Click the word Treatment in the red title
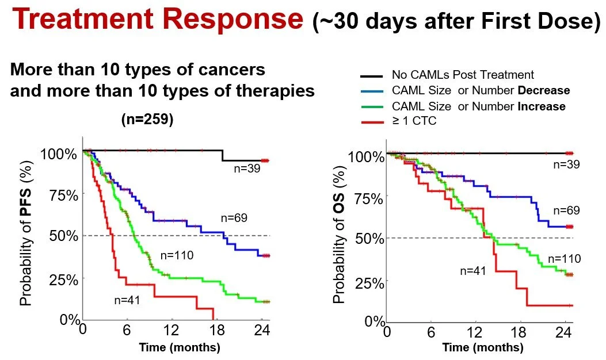(82, 19)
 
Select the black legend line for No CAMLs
(372, 76)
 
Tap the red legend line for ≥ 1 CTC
(372, 122)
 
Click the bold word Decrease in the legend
(544, 90)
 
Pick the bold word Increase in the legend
(542, 106)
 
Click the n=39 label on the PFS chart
(247, 168)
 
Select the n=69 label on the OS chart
(567, 210)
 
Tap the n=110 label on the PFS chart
(177, 255)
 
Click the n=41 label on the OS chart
(472, 271)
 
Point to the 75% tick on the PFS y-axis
(64, 196)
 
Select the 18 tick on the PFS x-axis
(217, 330)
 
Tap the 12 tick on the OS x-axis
(475, 332)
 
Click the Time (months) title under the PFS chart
(180, 347)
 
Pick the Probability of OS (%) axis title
(338, 235)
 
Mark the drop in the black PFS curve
(223, 155)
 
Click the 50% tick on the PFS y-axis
(64, 236)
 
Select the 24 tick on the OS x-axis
(563, 332)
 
